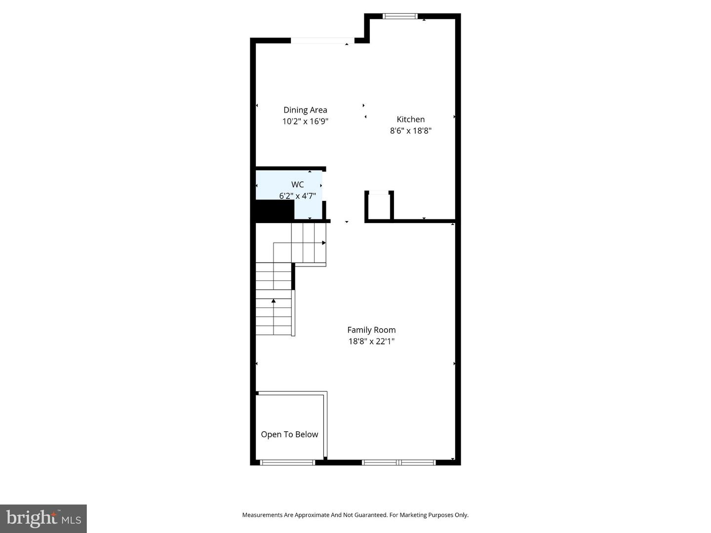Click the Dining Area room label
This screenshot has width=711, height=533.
click(305, 110)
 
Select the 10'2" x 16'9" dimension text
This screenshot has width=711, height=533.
click(305, 121)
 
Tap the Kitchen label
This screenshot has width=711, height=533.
click(410, 119)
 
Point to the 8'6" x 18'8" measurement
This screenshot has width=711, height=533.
click(410, 131)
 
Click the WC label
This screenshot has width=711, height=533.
click(297, 185)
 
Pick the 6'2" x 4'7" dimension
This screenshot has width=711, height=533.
click(297, 196)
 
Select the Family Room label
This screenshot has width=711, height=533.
click(371, 330)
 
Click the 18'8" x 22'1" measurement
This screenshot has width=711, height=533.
click(371, 341)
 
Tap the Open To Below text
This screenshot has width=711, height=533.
click(289, 434)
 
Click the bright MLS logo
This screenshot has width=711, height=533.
click(43, 518)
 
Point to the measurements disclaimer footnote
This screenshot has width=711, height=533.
click(355, 515)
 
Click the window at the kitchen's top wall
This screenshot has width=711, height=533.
click(400, 16)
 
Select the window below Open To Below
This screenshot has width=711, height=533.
click(287, 462)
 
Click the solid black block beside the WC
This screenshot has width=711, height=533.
click(275, 210)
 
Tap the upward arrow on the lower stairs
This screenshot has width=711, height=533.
click(274, 301)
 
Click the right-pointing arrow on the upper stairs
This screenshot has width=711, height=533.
click(324, 243)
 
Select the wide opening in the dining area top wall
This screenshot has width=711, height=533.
click(322, 40)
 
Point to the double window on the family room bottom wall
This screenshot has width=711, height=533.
click(399, 462)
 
